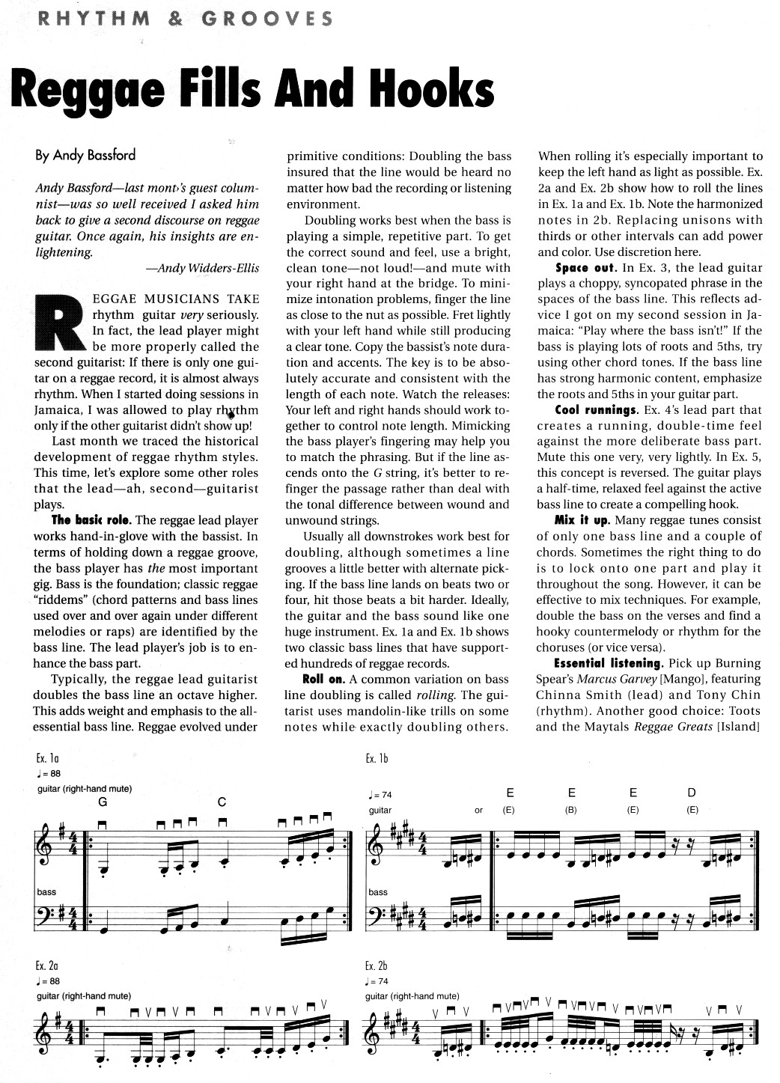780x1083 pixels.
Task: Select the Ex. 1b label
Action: (377, 759)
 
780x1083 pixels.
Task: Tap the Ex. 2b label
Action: (377, 966)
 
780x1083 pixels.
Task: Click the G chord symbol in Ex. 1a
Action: (102, 802)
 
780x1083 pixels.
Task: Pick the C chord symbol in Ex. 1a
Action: (222, 802)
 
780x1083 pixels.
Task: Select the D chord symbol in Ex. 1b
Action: (691, 793)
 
